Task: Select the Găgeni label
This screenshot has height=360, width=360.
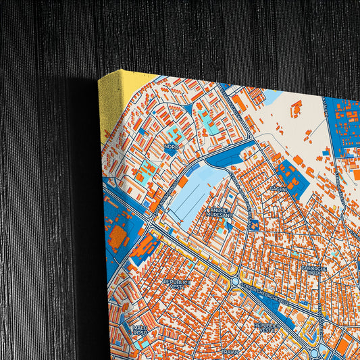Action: [x=278, y=190]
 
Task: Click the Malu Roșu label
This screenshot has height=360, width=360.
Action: [x=140, y=330]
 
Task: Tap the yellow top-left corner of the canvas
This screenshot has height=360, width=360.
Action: [x=108, y=101]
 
